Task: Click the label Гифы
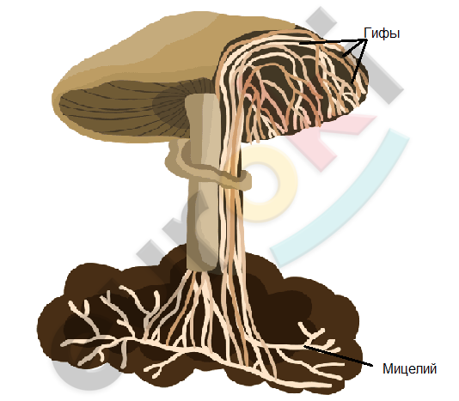[x=382, y=33]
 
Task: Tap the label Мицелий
[x=409, y=369]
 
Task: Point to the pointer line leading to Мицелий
[x=338, y=356]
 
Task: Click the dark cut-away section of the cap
[x=293, y=85]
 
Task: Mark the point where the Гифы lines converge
[x=366, y=39]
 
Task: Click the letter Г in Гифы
[x=367, y=33]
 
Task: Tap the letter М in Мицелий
[x=388, y=369]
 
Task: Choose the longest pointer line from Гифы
[x=334, y=41]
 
